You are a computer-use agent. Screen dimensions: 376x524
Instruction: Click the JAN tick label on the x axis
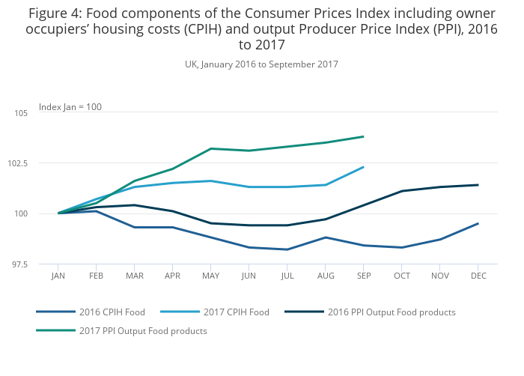click(x=58, y=276)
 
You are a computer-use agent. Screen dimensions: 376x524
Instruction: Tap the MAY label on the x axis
click(x=211, y=276)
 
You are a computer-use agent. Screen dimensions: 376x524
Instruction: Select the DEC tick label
click(x=478, y=276)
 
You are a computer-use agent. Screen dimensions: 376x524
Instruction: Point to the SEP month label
click(x=364, y=276)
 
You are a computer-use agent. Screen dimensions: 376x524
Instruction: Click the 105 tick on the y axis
click(x=20, y=113)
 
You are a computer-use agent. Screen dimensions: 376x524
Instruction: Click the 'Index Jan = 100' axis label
click(x=70, y=107)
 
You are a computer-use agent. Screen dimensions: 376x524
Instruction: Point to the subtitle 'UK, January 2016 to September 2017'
click(x=261, y=64)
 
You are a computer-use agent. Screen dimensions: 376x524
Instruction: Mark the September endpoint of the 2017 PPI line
click(x=363, y=136)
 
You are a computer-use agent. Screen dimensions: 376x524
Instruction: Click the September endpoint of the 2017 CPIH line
click(x=363, y=167)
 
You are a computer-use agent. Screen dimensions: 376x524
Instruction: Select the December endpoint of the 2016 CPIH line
click(x=478, y=223)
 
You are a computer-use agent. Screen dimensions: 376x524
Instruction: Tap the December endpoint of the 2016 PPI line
click(x=478, y=185)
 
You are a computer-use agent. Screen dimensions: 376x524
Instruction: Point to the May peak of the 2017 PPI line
click(x=211, y=148)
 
